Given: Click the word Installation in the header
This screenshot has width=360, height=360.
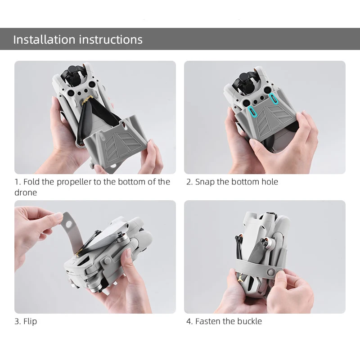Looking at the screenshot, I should coord(44,39).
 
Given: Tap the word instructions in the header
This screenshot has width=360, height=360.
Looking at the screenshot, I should coord(111,39).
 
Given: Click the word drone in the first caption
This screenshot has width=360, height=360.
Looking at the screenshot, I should coord(26,192).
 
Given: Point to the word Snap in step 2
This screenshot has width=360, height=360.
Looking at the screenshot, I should coord(205,182).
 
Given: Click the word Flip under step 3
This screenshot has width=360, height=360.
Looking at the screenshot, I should coord(30,321).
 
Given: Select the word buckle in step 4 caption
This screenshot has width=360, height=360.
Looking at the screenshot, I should coord(250,321).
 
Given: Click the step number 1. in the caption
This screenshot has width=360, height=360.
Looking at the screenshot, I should coord(18,182).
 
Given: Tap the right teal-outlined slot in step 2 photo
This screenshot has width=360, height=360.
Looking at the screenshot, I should coord(272,99).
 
